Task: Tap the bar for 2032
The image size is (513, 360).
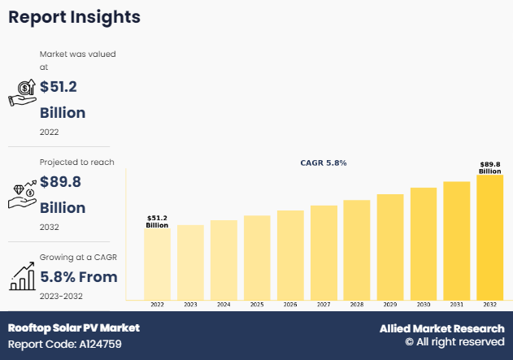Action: click(489, 236)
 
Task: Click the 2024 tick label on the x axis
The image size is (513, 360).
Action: click(224, 304)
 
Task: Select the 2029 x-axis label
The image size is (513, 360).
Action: click(390, 304)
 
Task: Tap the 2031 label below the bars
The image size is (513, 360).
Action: click(457, 304)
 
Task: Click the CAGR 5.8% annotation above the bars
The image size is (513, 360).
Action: click(324, 163)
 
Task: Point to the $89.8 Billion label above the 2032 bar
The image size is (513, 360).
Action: click(489, 167)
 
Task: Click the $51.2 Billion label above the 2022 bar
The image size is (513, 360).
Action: click(157, 221)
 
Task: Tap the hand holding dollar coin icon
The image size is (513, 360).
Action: click(22, 93)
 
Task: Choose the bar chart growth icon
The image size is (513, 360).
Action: click(22, 276)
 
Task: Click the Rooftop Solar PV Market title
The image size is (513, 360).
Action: click(74, 327)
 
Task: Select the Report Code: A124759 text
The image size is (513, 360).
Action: click(65, 343)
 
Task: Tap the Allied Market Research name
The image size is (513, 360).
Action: click(441, 328)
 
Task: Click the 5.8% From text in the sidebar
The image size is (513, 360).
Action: click(79, 277)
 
